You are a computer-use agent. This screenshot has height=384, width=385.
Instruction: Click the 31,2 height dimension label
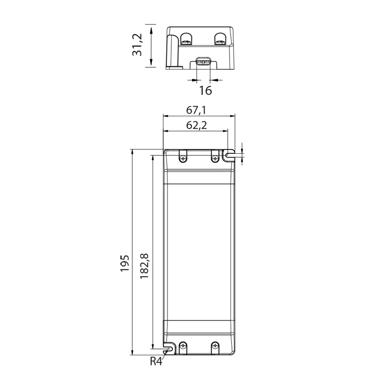[137, 45]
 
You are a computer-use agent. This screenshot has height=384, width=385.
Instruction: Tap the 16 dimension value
[205, 90]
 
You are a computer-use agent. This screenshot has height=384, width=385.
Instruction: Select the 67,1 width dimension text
[196, 111]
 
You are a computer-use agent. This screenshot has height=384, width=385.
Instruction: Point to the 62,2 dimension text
[196, 125]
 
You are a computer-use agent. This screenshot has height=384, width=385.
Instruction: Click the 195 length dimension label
[125, 263]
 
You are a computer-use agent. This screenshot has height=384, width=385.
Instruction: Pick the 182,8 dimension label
[144, 266]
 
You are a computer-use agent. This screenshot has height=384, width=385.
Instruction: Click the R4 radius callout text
[156, 361]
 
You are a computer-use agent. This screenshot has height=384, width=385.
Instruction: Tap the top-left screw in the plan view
[183, 159]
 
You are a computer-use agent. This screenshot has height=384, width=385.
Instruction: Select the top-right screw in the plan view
[215, 159]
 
